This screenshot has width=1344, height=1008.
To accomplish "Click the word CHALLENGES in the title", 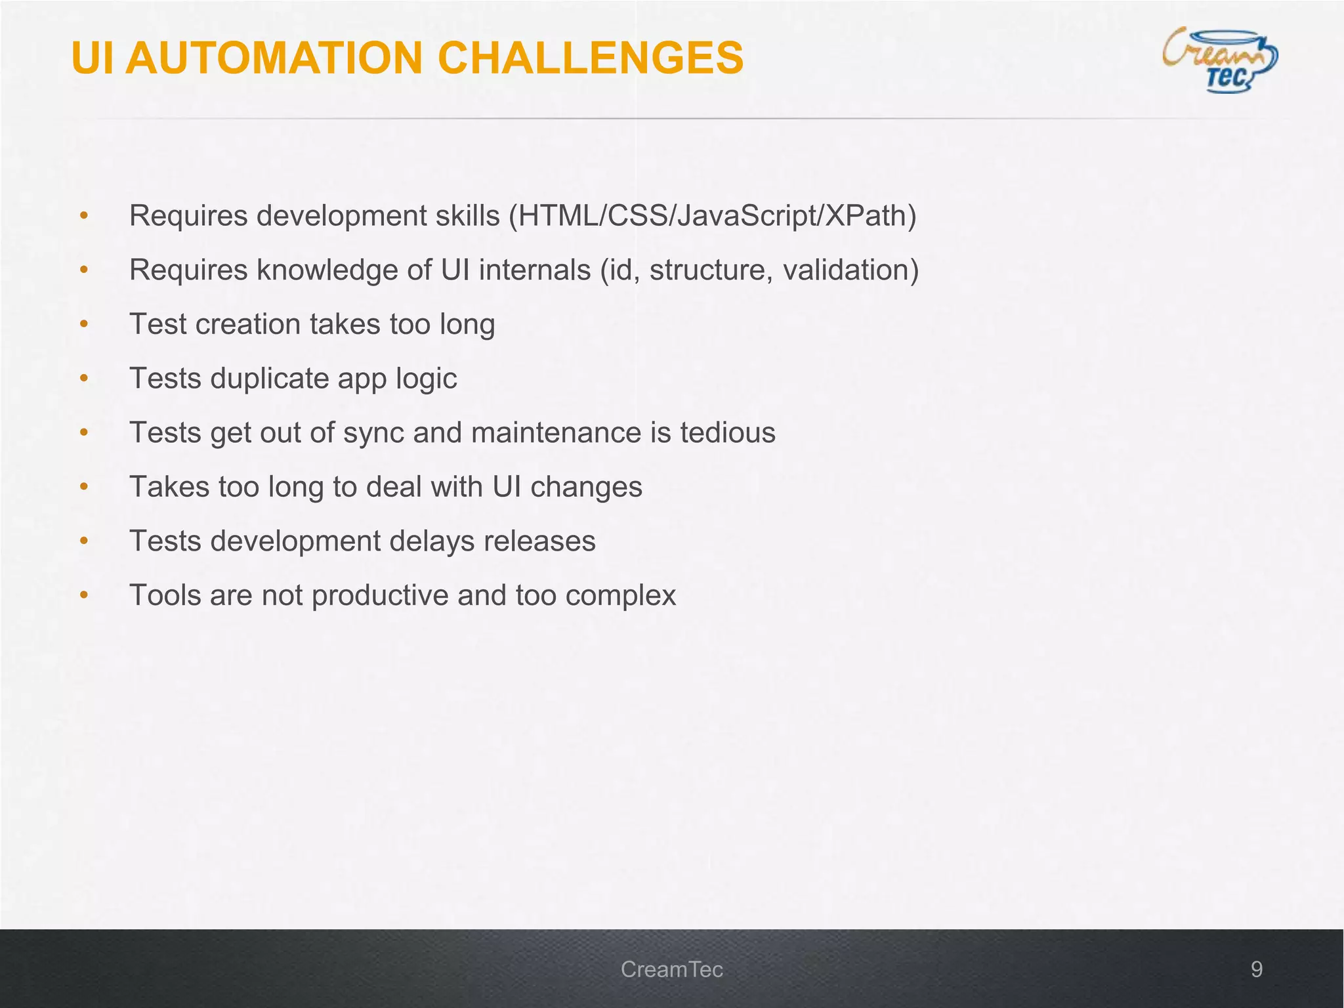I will (x=590, y=58).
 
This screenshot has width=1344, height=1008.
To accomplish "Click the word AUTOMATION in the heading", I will (x=274, y=58).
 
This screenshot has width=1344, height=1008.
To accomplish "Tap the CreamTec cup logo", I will (x=1219, y=60).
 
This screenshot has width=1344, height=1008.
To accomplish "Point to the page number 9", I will (x=1256, y=969).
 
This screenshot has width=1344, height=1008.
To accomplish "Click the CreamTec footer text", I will (x=671, y=969).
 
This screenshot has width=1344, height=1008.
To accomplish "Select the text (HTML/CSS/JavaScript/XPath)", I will (x=713, y=215).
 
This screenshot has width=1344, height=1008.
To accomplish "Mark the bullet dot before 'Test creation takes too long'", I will (x=83, y=324).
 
